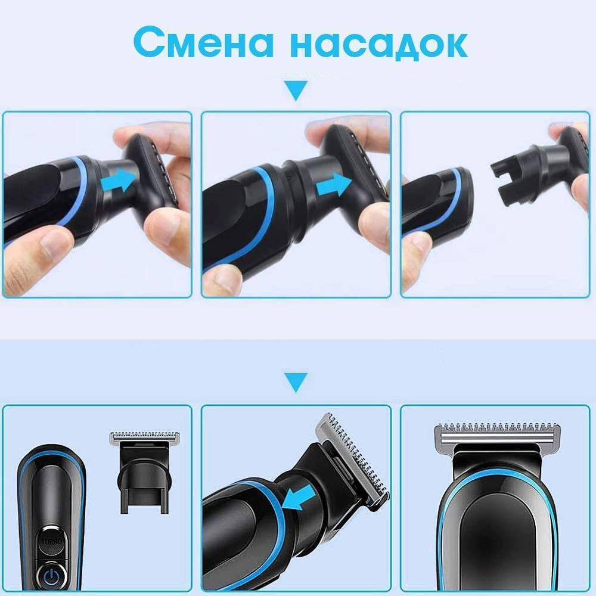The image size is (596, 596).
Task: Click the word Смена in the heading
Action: click(204, 42)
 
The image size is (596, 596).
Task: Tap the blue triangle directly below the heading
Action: click(296, 90)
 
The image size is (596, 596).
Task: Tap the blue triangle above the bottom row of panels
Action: click(296, 382)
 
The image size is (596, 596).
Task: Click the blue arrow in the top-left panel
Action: click(119, 180)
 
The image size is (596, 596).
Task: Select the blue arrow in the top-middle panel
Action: click(334, 185)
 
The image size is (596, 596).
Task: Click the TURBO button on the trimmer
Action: click(52, 541)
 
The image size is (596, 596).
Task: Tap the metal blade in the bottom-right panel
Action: click(497, 436)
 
